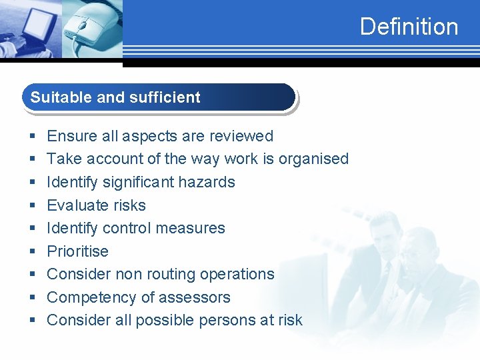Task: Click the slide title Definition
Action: (409, 27)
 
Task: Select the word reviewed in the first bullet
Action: (241, 136)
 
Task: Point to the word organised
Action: (313, 159)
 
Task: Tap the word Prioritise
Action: (77, 251)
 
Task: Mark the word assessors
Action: (199, 297)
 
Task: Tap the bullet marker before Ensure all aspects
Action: (32, 137)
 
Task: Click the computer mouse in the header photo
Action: (91, 24)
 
